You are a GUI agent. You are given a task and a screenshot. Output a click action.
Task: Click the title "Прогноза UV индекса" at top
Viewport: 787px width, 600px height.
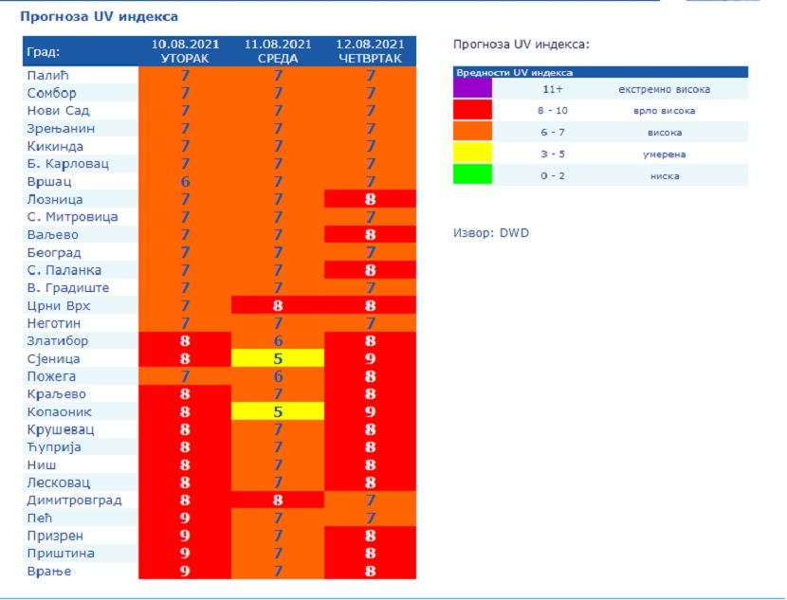tap(99, 17)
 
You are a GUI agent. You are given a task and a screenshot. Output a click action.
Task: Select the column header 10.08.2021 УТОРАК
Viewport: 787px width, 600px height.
tap(186, 51)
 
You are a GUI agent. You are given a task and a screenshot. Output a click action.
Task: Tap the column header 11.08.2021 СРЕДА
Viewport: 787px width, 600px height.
tap(278, 51)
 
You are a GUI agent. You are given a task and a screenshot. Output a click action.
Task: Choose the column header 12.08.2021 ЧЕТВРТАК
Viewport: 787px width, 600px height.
tap(371, 51)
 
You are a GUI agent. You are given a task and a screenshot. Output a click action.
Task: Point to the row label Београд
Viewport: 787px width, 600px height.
tap(54, 252)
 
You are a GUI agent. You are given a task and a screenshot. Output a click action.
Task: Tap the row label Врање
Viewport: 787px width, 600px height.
tap(49, 572)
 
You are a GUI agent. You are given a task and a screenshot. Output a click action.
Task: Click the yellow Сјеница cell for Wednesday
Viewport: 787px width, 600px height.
tap(278, 359)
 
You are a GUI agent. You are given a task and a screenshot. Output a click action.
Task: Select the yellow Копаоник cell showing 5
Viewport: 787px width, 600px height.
tap(278, 412)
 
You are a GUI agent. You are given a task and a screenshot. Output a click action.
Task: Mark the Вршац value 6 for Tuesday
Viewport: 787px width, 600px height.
tap(186, 182)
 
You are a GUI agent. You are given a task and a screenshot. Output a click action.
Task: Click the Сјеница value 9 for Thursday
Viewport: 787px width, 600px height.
tap(371, 359)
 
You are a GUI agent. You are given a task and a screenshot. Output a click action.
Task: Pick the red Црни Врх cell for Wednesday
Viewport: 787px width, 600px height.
tap(278, 305)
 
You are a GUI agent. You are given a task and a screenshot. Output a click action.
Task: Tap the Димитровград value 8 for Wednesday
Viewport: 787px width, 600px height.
tap(278, 500)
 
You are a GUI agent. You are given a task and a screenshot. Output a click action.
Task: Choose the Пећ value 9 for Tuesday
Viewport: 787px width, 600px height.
tap(186, 518)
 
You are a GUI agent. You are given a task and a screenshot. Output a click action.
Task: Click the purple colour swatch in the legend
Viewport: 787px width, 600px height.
tap(472, 89)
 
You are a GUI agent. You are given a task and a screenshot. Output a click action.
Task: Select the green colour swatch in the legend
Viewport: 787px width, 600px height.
tap(472, 174)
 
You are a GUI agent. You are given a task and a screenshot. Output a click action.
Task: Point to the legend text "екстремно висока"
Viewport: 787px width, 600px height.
tap(664, 90)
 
